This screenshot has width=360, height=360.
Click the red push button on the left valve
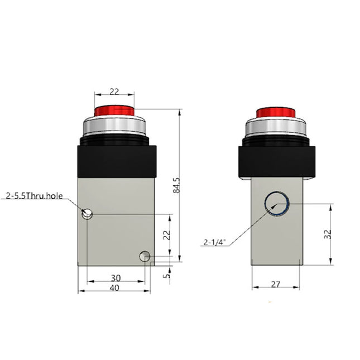point(114,111)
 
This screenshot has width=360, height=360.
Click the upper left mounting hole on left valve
point(87,213)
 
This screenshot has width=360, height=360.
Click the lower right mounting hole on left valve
point(145,256)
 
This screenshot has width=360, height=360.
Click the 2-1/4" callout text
point(214,242)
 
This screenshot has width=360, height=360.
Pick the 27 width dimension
point(276,284)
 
